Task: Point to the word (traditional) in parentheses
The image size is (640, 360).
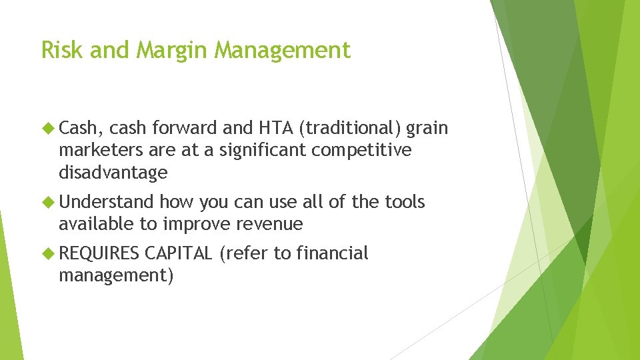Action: point(353,128)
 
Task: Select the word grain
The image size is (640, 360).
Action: point(427,128)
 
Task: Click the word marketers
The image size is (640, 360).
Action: point(98,151)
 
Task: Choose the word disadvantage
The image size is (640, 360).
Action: point(113,173)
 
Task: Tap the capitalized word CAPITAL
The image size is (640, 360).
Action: point(178,253)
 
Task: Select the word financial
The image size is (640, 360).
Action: point(332,253)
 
